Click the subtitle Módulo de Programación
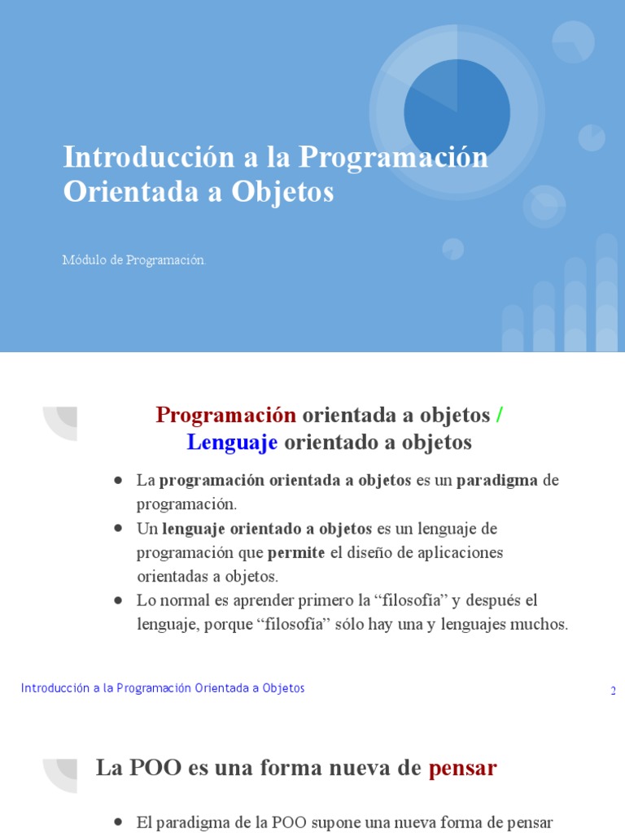(134, 260)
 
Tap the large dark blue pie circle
(457, 111)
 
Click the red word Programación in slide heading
(225, 415)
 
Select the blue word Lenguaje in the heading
(232, 443)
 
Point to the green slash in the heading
(500, 415)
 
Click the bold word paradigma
(496, 480)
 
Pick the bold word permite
(296, 552)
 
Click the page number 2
(613, 691)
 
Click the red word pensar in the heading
(462, 767)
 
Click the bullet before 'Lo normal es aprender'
(119, 600)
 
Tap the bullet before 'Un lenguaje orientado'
(119, 528)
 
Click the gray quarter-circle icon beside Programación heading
(61, 423)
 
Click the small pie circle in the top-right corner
(573, 41)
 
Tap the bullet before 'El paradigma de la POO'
(119, 822)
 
